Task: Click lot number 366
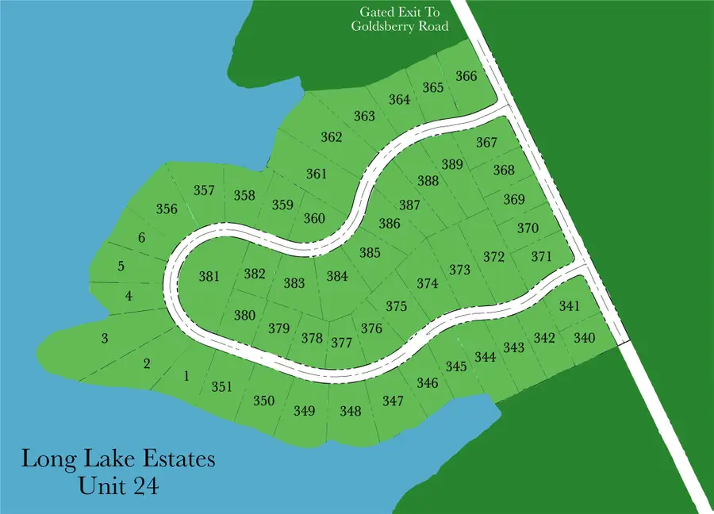point(466,76)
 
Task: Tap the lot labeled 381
point(209,277)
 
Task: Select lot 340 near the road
point(584,338)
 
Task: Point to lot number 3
point(104,339)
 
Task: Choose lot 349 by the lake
point(304,411)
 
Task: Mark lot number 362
point(332,137)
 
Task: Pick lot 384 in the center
point(337,277)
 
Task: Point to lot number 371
point(541,256)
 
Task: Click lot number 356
point(167,209)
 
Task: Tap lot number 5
point(121,266)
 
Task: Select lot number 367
point(486,143)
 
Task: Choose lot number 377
point(341,343)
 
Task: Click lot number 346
point(427,383)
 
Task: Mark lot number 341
point(570,306)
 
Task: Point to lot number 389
point(452,164)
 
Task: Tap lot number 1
point(186,376)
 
